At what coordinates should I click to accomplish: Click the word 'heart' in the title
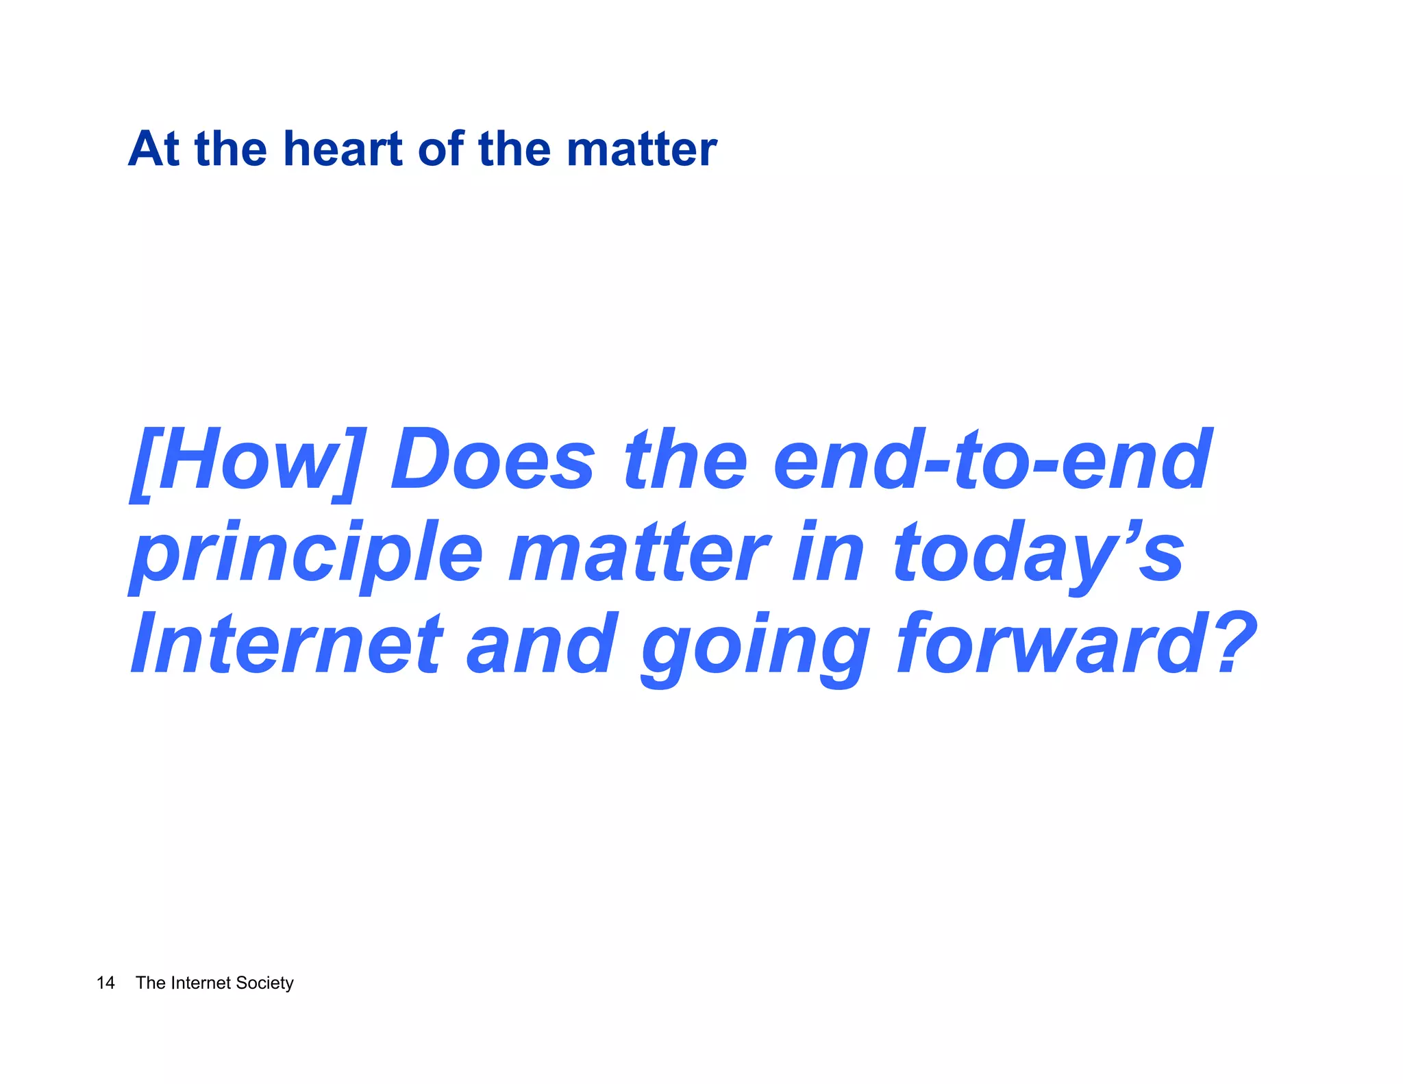(343, 149)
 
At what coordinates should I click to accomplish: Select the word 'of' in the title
(440, 149)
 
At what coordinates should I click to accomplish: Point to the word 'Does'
(492, 460)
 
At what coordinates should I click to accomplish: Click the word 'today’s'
(1038, 554)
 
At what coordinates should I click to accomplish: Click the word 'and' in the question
(541, 644)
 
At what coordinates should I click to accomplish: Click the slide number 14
(105, 983)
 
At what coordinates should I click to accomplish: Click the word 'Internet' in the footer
(201, 983)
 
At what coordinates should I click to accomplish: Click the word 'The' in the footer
(150, 983)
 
